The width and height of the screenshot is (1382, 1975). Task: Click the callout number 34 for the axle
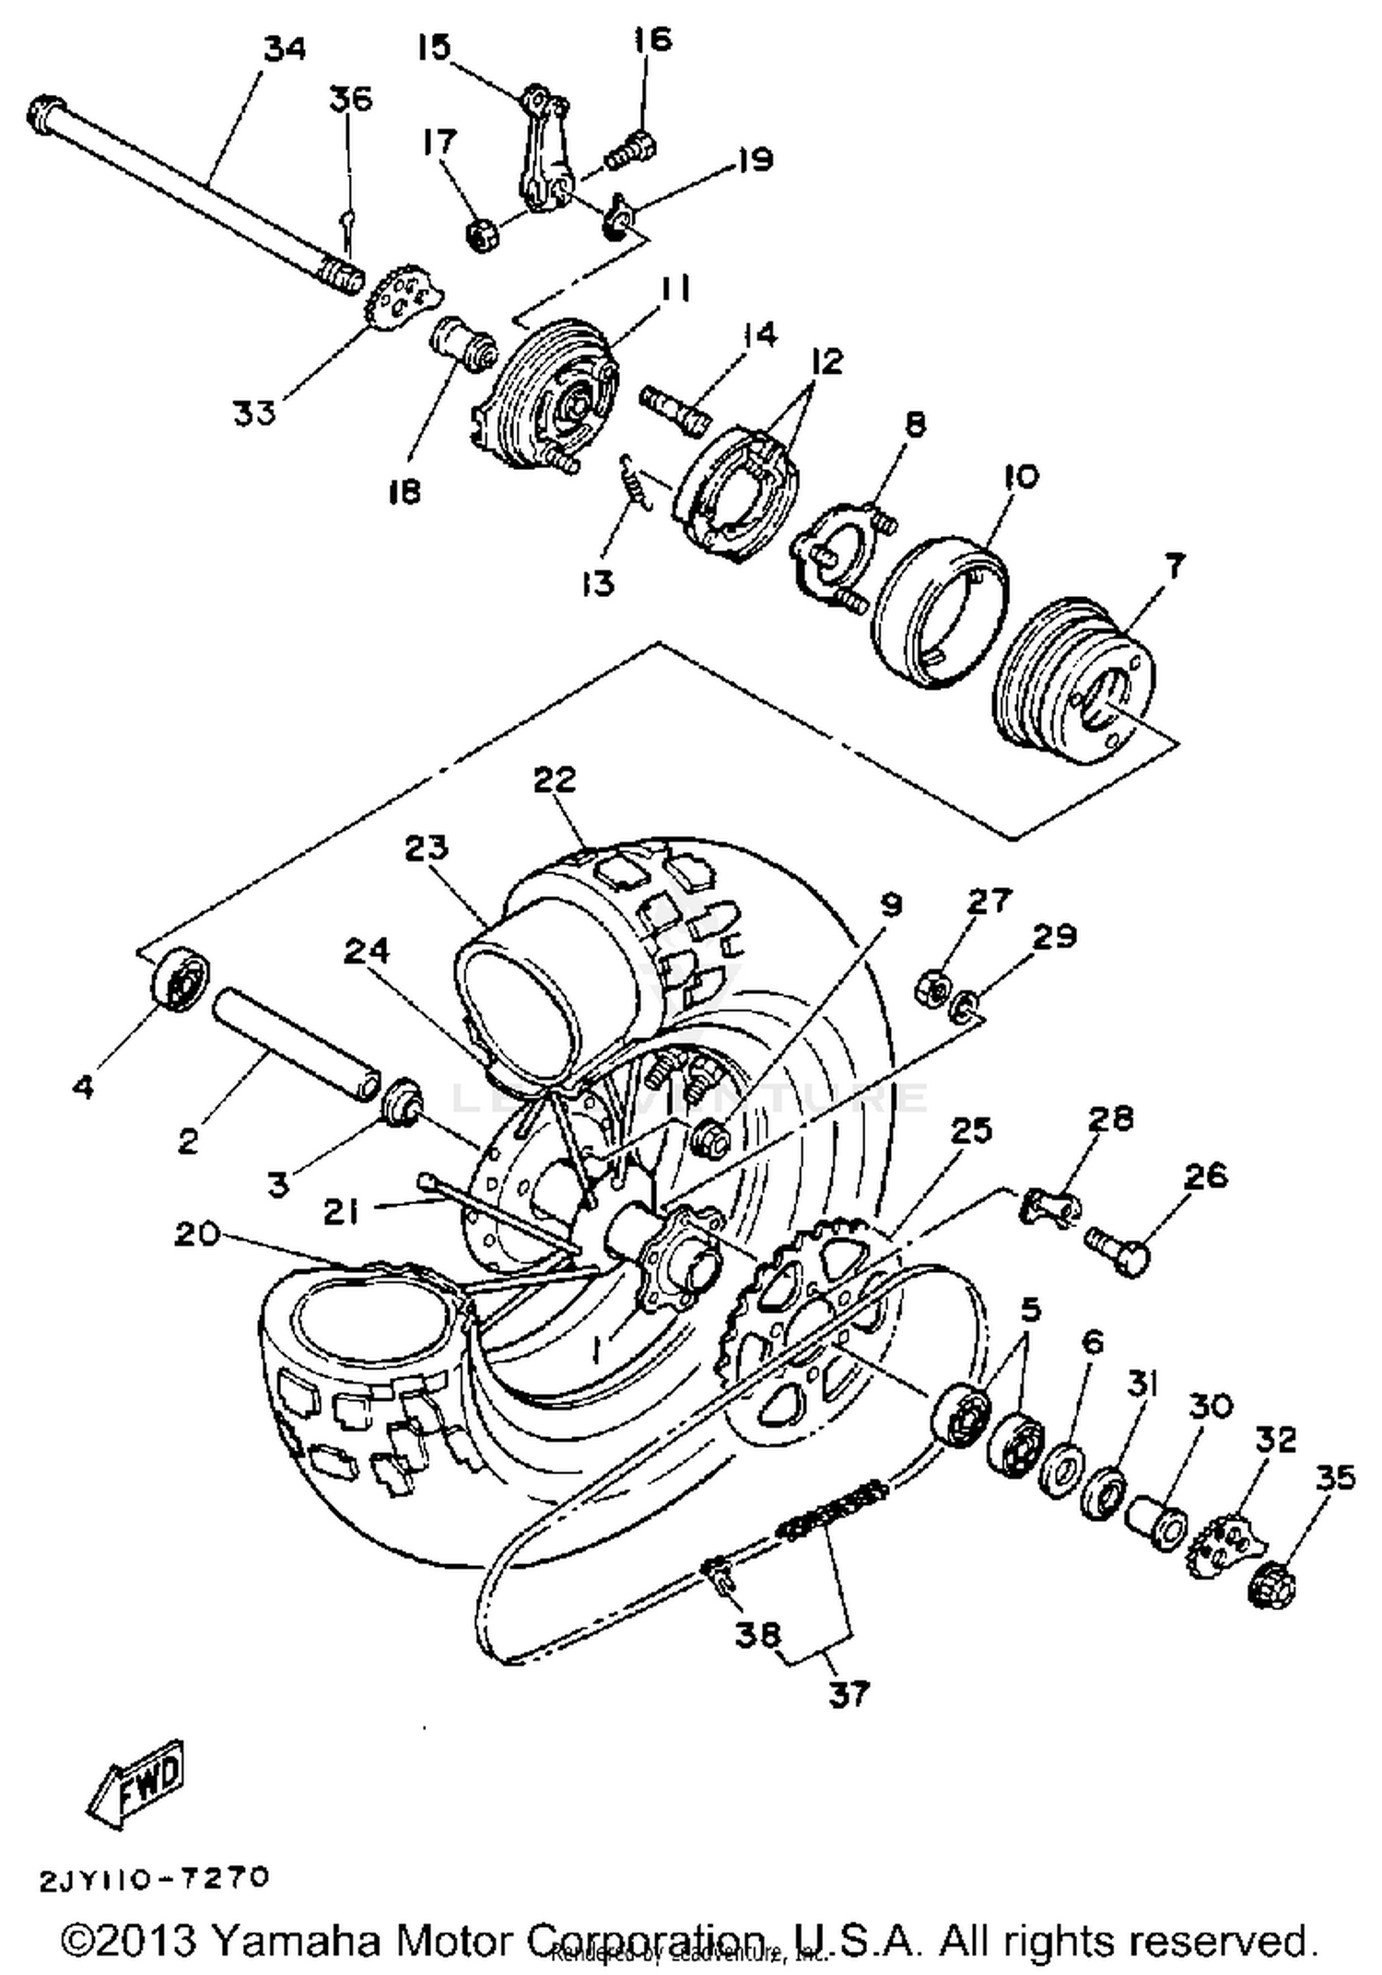[x=285, y=49]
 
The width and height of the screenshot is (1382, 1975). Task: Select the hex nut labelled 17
[x=483, y=235]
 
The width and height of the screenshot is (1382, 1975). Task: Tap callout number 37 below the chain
[x=849, y=1694]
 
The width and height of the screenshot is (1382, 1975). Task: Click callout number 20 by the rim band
[x=197, y=1233]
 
